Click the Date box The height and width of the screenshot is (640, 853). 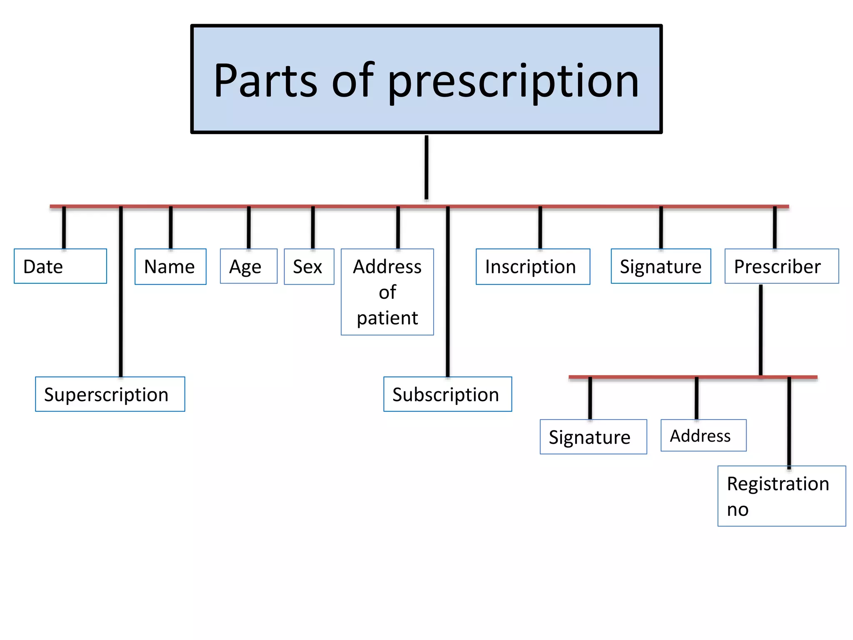[x=60, y=266]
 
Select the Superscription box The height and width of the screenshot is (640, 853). [x=110, y=394]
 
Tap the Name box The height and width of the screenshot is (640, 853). [x=170, y=267]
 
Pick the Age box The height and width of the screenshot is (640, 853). [x=248, y=266]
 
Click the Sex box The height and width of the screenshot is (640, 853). [x=309, y=267]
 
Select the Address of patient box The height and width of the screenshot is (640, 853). [x=387, y=292]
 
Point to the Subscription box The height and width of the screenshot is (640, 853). [x=447, y=394]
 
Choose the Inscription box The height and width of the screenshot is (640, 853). [x=533, y=267]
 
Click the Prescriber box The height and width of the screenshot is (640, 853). [x=781, y=266]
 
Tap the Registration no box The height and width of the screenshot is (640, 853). [x=781, y=496]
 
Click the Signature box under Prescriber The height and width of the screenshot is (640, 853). [x=593, y=437]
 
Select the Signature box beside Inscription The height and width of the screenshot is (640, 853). [x=661, y=266]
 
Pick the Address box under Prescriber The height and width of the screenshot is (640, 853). [x=703, y=435]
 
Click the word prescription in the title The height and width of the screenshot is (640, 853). [x=513, y=81]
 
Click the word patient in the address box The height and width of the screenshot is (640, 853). [x=387, y=318]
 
